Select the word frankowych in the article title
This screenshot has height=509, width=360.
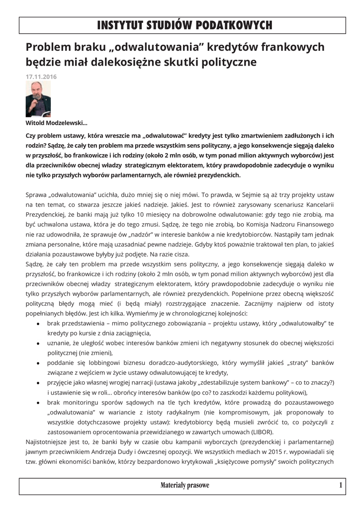[293, 47]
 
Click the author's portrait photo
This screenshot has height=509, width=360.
[38, 99]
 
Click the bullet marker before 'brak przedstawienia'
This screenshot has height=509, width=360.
[39, 324]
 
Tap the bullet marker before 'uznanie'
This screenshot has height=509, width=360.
[39, 343]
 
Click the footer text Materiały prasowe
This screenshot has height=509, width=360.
[185, 485]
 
